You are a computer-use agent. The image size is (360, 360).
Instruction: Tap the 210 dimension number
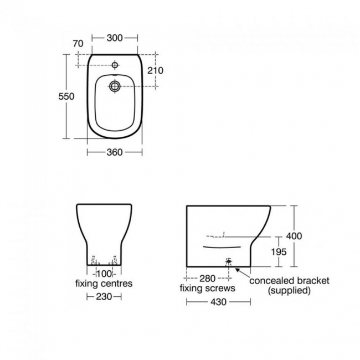coord(155,70)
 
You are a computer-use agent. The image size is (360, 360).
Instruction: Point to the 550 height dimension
coord(66,96)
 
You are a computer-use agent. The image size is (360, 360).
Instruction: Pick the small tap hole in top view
coord(115,65)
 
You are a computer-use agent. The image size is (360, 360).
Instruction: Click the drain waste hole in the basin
coord(115,86)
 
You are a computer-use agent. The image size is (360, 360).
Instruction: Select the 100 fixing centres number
coord(104,274)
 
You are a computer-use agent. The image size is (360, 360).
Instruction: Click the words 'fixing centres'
coord(104,284)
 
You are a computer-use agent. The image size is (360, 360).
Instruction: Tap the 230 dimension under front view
coord(104,297)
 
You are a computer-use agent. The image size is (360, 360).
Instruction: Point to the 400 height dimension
coord(294,236)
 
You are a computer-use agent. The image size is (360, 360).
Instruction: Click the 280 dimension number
coord(207,279)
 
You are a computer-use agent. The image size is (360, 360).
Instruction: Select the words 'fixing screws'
coord(208,288)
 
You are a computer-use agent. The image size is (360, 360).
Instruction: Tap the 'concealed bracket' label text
coord(289,280)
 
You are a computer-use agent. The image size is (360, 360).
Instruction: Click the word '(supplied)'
coord(289,290)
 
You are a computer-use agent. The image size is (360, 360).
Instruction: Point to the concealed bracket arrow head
coord(237,269)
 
